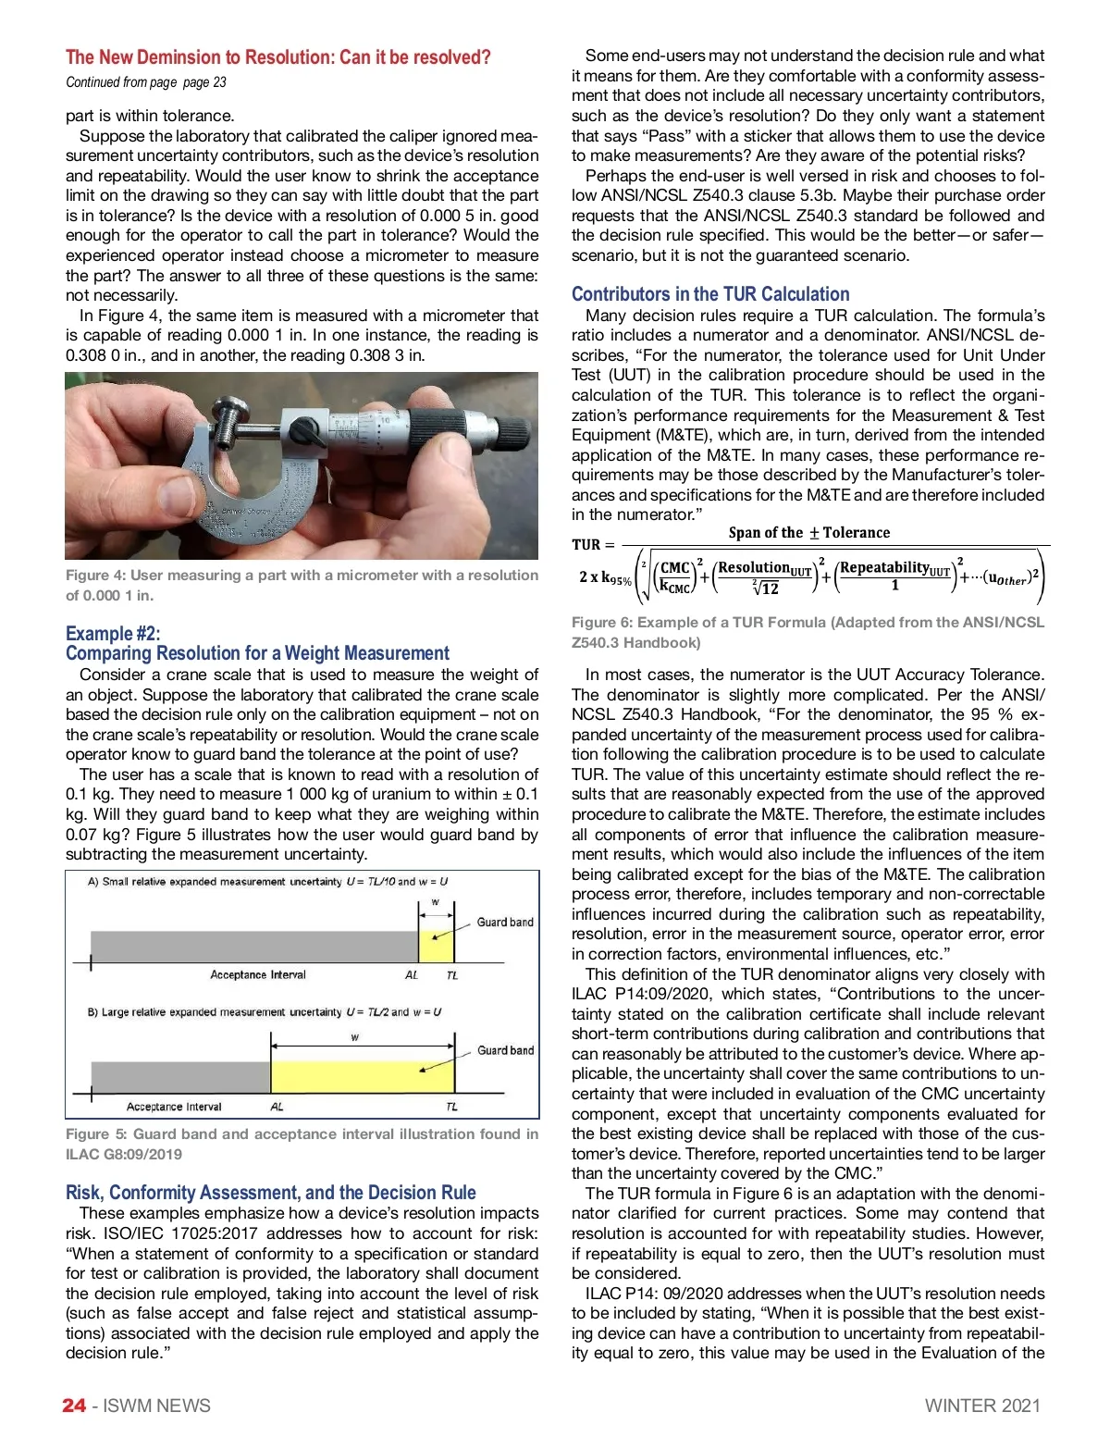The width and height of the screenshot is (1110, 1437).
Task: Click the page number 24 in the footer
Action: coord(74,1406)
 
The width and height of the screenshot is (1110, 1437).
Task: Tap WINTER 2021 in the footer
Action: coord(982,1406)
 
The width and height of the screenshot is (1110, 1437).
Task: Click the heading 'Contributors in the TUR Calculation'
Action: coord(710,294)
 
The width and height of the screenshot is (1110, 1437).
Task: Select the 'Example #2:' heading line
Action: coord(113,633)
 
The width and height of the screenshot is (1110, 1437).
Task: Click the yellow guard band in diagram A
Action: coord(437,947)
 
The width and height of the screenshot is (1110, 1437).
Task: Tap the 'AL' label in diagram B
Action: coord(277,1107)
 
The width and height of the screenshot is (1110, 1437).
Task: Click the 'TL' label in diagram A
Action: coord(452,975)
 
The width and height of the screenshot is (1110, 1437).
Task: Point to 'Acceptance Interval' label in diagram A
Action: coord(258,974)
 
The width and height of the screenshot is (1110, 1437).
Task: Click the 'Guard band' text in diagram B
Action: coord(505,1050)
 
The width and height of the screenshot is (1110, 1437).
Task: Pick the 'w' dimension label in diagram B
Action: coord(355,1037)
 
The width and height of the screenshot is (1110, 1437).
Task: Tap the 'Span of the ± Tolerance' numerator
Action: coord(808,533)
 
